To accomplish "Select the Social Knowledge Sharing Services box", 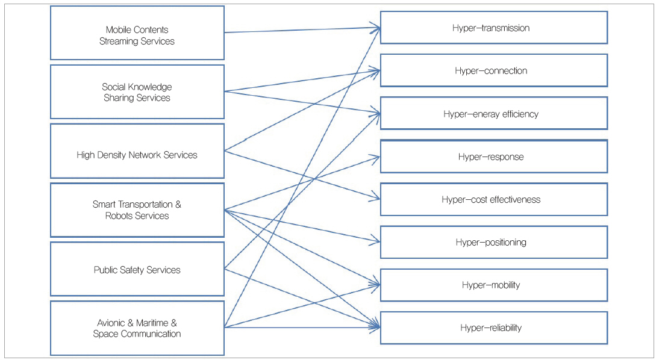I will click(x=137, y=92).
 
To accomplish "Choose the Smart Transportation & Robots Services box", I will click(x=137, y=210).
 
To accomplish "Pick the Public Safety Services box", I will click(x=137, y=269).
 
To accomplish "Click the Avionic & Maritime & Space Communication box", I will click(x=137, y=328).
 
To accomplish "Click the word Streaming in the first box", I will click(x=119, y=42).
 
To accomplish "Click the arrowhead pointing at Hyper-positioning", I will click(x=378, y=241).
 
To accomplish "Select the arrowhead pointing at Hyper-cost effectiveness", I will click(x=378, y=199).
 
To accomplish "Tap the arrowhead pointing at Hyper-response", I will click(x=378, y=157).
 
